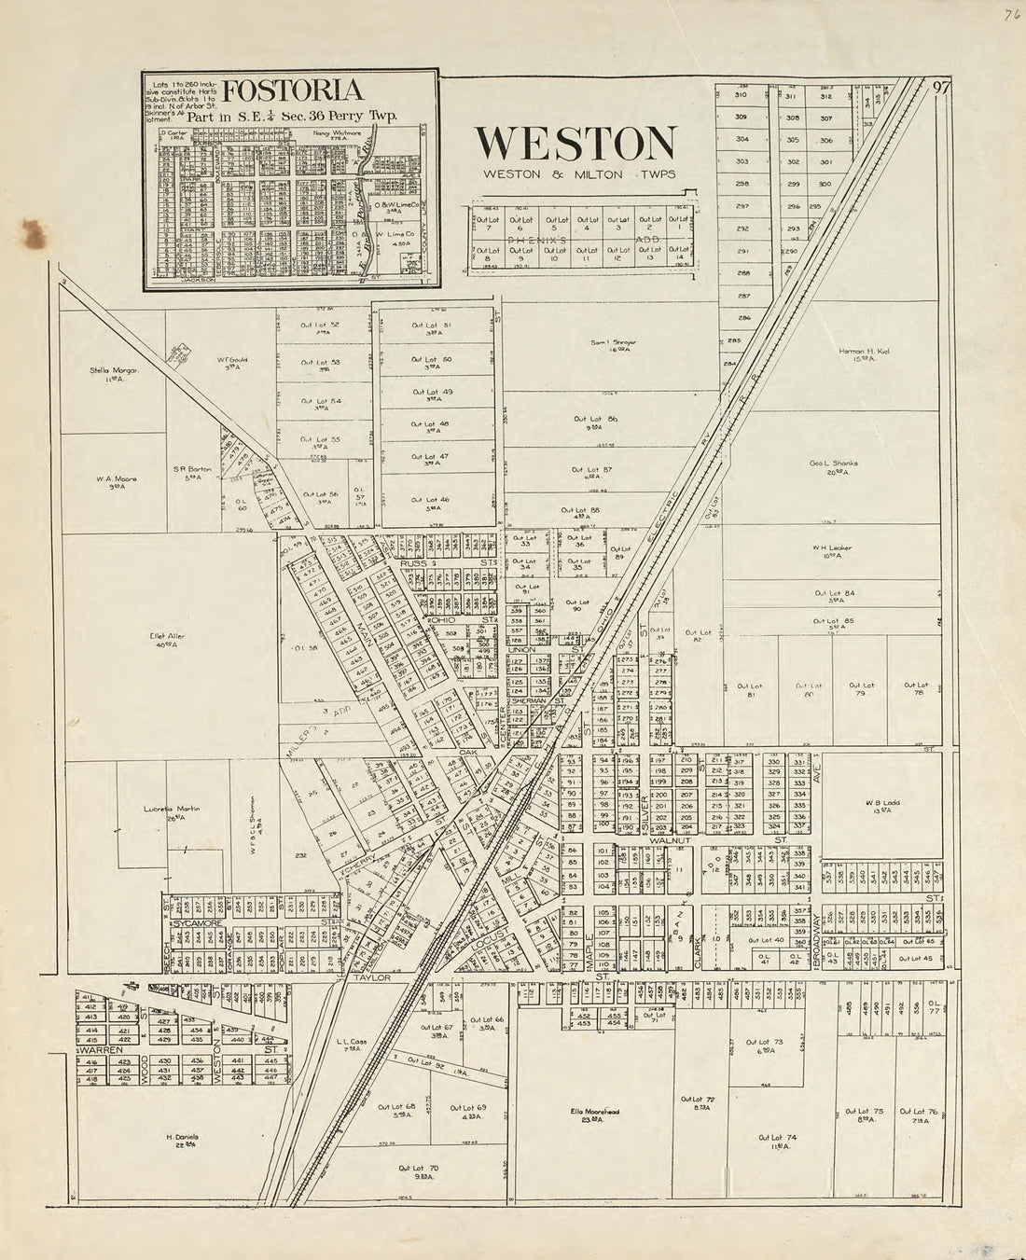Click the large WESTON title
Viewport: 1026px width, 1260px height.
(575, 143)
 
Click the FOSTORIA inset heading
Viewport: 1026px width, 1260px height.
(293, 91)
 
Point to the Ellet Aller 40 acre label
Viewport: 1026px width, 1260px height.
(167, 639)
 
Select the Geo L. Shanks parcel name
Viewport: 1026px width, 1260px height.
(833, 465)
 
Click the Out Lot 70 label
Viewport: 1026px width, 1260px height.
(418, 1170)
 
